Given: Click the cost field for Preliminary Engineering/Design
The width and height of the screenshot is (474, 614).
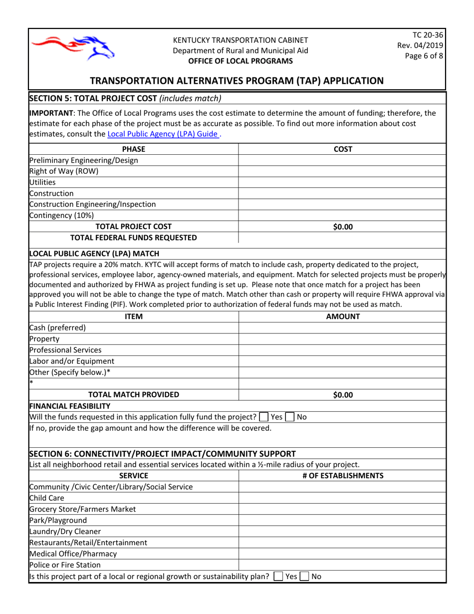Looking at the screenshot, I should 342,160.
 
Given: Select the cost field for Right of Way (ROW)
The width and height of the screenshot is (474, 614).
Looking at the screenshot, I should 342,171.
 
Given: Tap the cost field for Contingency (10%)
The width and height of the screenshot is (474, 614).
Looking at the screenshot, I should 342,215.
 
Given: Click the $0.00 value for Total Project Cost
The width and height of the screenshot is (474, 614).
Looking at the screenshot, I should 343,227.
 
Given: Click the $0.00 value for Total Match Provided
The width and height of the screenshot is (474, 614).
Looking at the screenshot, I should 343,395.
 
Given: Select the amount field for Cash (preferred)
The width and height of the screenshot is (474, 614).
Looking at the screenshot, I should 342,328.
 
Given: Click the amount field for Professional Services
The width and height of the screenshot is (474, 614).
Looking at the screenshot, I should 342,350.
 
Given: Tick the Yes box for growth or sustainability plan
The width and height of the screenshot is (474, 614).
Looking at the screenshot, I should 277,577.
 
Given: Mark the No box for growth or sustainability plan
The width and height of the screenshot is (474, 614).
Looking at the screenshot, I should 304,577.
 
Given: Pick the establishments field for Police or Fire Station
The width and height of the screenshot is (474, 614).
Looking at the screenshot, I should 342,565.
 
